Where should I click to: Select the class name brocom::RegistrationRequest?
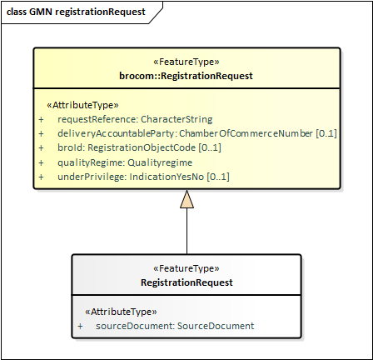click(186, 76)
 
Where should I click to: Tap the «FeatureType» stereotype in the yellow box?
click(186, 62)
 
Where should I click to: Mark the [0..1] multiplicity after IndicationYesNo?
click(217, 177)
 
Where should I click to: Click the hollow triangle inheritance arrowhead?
click(186, 199)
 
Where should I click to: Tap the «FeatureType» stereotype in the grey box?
click(186, 269)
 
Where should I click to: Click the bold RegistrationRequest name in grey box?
click(186, 282)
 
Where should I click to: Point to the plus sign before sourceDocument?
click(80, 326)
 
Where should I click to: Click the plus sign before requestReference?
click(41, 119)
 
